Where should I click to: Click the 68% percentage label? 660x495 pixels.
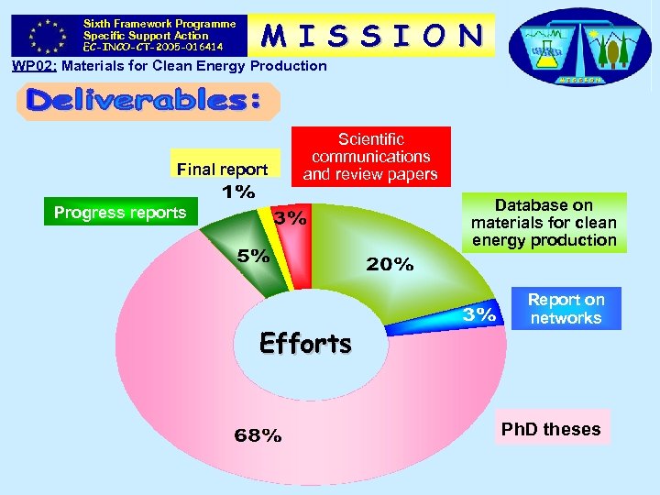tap(258, 434)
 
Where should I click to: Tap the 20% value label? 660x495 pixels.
tap(390, 264)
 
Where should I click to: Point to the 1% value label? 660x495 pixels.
tap(238, 192)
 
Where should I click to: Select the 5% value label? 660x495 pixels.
tap(254, 256)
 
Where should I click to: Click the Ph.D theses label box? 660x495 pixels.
tap(551, 429)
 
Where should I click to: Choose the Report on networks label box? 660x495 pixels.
tap(566, 309)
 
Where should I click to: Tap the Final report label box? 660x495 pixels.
tap(223, 169)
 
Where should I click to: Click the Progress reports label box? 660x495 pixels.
tap(120, 213)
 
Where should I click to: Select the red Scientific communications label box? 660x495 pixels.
tap(370, 156)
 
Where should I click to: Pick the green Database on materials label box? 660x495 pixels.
tap(544, 223)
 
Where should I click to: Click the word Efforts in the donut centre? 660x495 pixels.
tap(305, 344)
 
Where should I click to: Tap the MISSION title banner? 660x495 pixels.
tap(372, 35)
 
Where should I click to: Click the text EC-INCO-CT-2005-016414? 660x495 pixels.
tap(151, 46)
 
